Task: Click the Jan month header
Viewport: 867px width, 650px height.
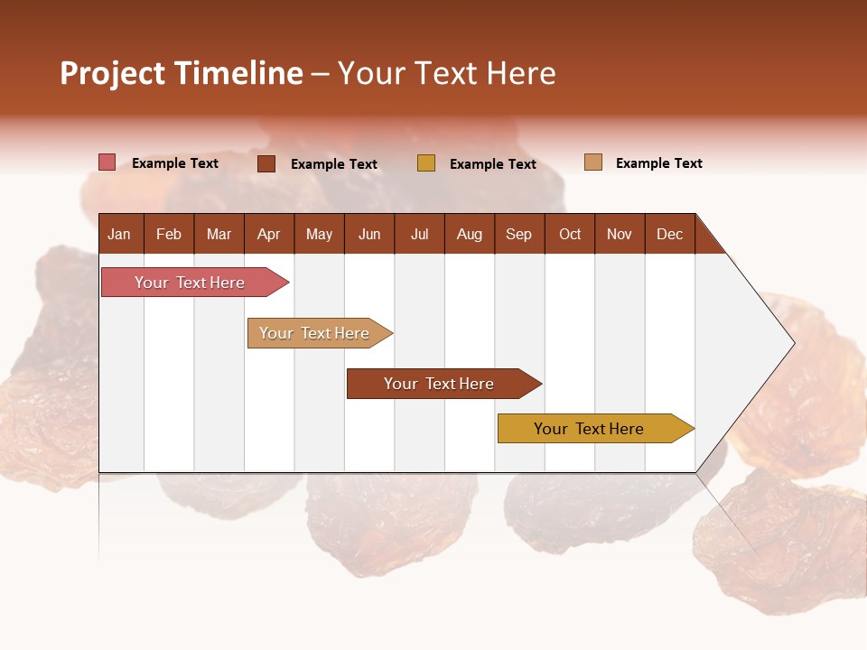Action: (119, 234)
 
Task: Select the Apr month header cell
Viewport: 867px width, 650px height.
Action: (269, 234)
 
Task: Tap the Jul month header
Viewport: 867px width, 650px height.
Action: (419, 234)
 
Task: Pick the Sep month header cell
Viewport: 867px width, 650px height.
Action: (518, 234)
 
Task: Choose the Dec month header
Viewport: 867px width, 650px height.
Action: (669, 234)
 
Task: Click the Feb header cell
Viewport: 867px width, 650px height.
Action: (169, 234)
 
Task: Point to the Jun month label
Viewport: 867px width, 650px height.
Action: (369, 234)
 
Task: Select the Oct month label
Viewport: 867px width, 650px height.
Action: (570, 234)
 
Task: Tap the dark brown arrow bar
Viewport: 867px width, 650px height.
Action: (440, 384)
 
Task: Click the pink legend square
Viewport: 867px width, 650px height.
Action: (107, 162)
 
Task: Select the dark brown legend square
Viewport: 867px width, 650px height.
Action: (266, 163)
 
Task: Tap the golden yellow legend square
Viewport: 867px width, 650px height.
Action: (426, 163)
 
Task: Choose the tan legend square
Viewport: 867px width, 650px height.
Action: (593, 162)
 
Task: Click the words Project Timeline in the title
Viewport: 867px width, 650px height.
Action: (181, 73)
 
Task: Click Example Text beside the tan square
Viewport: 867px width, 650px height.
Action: (658, 163)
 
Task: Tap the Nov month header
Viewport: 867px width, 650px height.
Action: (620, 234)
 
